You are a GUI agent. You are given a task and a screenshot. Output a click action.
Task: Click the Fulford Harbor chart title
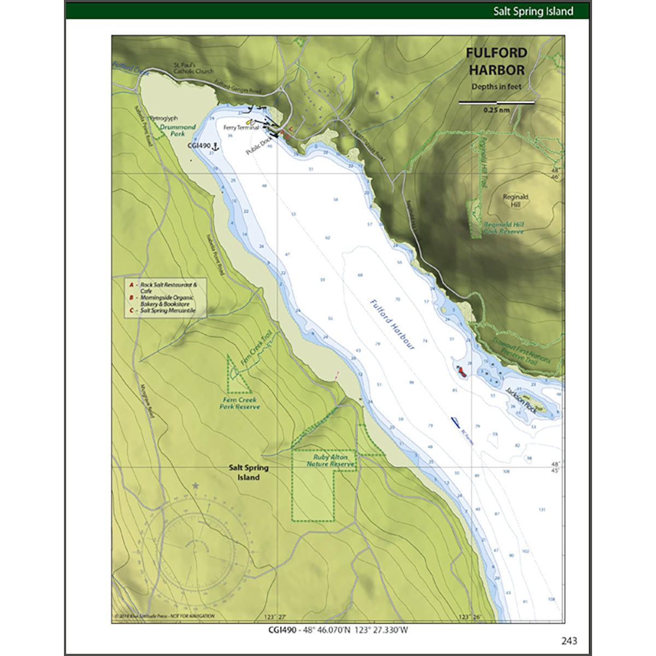coord(496,61)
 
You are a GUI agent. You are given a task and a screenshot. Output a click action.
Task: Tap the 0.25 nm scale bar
coord(496,102)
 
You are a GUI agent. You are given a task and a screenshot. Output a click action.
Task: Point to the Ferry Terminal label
coord(241,127)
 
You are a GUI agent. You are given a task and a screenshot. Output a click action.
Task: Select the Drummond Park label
coord(178,130)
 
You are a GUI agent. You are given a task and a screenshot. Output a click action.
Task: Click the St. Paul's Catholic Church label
coord(194,68)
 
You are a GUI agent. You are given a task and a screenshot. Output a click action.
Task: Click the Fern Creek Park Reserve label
coord(240,403)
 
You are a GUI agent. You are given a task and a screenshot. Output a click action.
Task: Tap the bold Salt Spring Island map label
coord(248,472)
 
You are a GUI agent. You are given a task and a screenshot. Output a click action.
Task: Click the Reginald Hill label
coord(515,201)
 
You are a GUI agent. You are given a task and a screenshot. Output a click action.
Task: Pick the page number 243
coord(569,641)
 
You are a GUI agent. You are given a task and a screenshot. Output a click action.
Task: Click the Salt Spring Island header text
coord(533,11)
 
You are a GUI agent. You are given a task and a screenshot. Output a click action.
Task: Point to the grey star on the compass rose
coord(196,485)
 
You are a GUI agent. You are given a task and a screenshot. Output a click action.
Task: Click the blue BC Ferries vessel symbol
coord(455,421)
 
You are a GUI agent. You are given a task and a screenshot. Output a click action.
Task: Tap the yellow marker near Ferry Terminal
coord(249,121)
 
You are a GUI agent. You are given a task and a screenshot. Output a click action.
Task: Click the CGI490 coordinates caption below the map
coord(338,629)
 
